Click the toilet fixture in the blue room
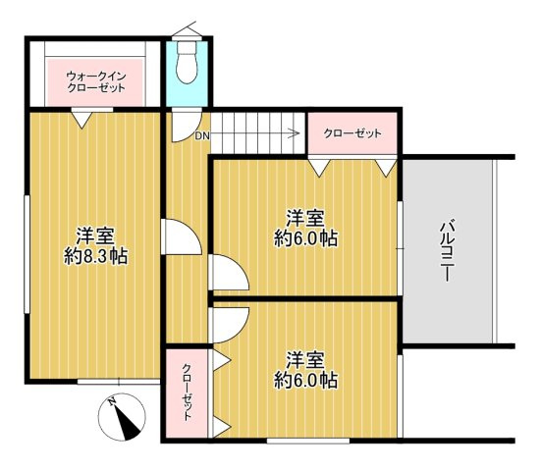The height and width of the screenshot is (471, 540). pyautogui.click(x=187, y=63)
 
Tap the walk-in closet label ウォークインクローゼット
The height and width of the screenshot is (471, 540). pyautogui.click(x=96, y=82)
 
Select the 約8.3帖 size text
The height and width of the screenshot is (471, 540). pyautogui.click(x=96, y=256)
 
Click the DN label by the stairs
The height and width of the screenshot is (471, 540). pyautogui.click(x=202, y=136)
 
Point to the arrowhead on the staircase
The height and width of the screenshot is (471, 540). pyautogui.click(x=295, y=132)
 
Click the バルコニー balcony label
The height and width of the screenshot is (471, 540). pyautogui.click(x=447, y=250)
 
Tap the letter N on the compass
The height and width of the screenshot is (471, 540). pyautogui.click(x=111, y=401)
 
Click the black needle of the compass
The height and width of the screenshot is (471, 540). pyautogui.click(x=127, y=422)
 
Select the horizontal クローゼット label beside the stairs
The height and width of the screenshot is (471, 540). pyautogui.click(x=352, y=133)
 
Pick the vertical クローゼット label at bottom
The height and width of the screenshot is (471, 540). pyautogui.click(x=187, y=392)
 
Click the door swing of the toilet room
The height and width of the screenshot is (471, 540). pyautogui.click(x=187, y=127)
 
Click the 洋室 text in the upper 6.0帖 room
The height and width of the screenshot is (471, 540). pyautogui.click(x=305, y=218)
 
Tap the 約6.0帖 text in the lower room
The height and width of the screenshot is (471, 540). pyautogui.click(x=305, y=380)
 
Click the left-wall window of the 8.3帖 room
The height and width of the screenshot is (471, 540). pyautogui.click(x=27, y=254)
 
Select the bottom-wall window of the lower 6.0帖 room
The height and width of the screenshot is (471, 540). pyautogui.click(x=308, y=441)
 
